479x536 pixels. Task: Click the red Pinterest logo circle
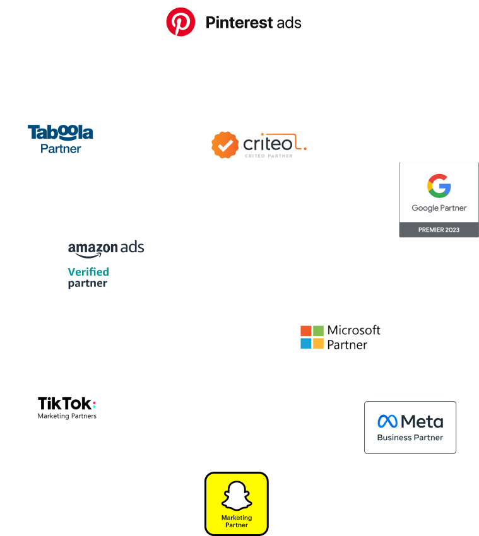pyautogui.click(x=180, y=23)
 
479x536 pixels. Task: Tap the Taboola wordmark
pyautogui.click(x=61, y=132)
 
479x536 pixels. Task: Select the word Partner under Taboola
pyautogui.click(x=61, y=149)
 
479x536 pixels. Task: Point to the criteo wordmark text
pyautogui.click(x=269, y=144)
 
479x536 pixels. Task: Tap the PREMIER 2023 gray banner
pyautogui.click(x=439, y=230)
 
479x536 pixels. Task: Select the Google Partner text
pyautogui.click(x=439, y=208)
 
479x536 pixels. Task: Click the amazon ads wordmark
pyautogui.click(x=106, y=248)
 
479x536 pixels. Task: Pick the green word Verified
pyautogui.click(x=88, y=272)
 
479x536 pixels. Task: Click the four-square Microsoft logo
pyautogui.click(x=312, y=337)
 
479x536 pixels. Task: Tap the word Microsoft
pyautogui.click(x=353, y=330)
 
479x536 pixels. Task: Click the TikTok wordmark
pyautogui.click(x=66, y=403)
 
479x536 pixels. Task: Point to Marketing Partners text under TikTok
pyautogui.click(x=67, y=416)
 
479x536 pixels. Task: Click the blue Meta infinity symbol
pyautogui.click(x=387, y=421)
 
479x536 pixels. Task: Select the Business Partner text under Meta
pyautogui.click(x=410, y=438)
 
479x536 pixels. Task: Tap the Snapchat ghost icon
pyautogui.click(x=237, y=496)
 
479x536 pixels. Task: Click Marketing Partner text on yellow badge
pyautogui.click(x=237, y=521)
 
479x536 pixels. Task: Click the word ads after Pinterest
pyautogui.click(x=289, y=23)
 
